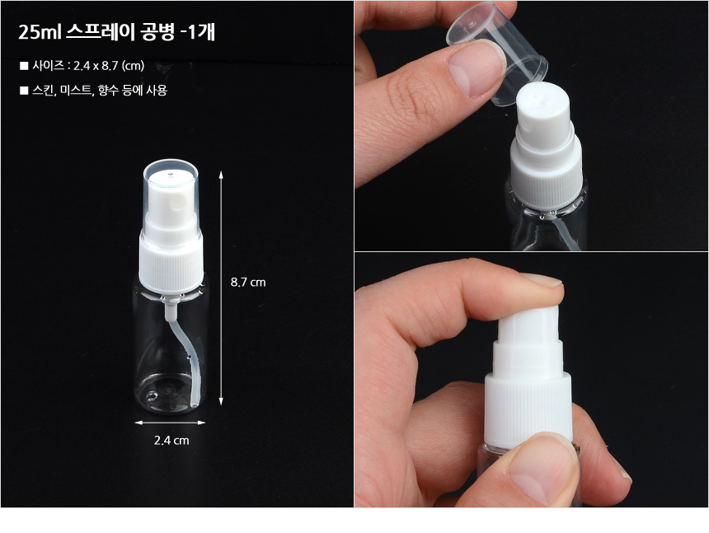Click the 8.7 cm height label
click(248, 283)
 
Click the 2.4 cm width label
click(171, 440)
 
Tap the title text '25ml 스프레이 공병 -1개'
click(117, 31)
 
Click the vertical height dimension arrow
click(221, 288)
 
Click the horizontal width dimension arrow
click(170, 423)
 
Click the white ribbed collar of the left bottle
click(171, 268)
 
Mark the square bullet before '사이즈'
click(24, 66)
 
